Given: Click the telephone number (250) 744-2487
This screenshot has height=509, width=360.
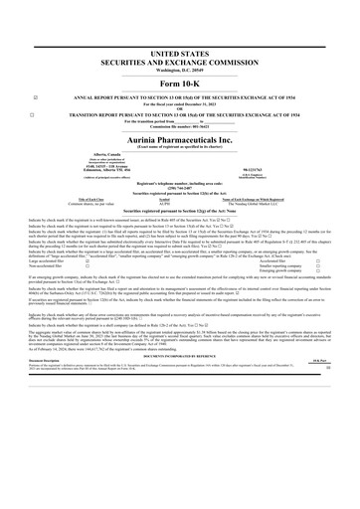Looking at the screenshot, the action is tap(180, 189).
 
